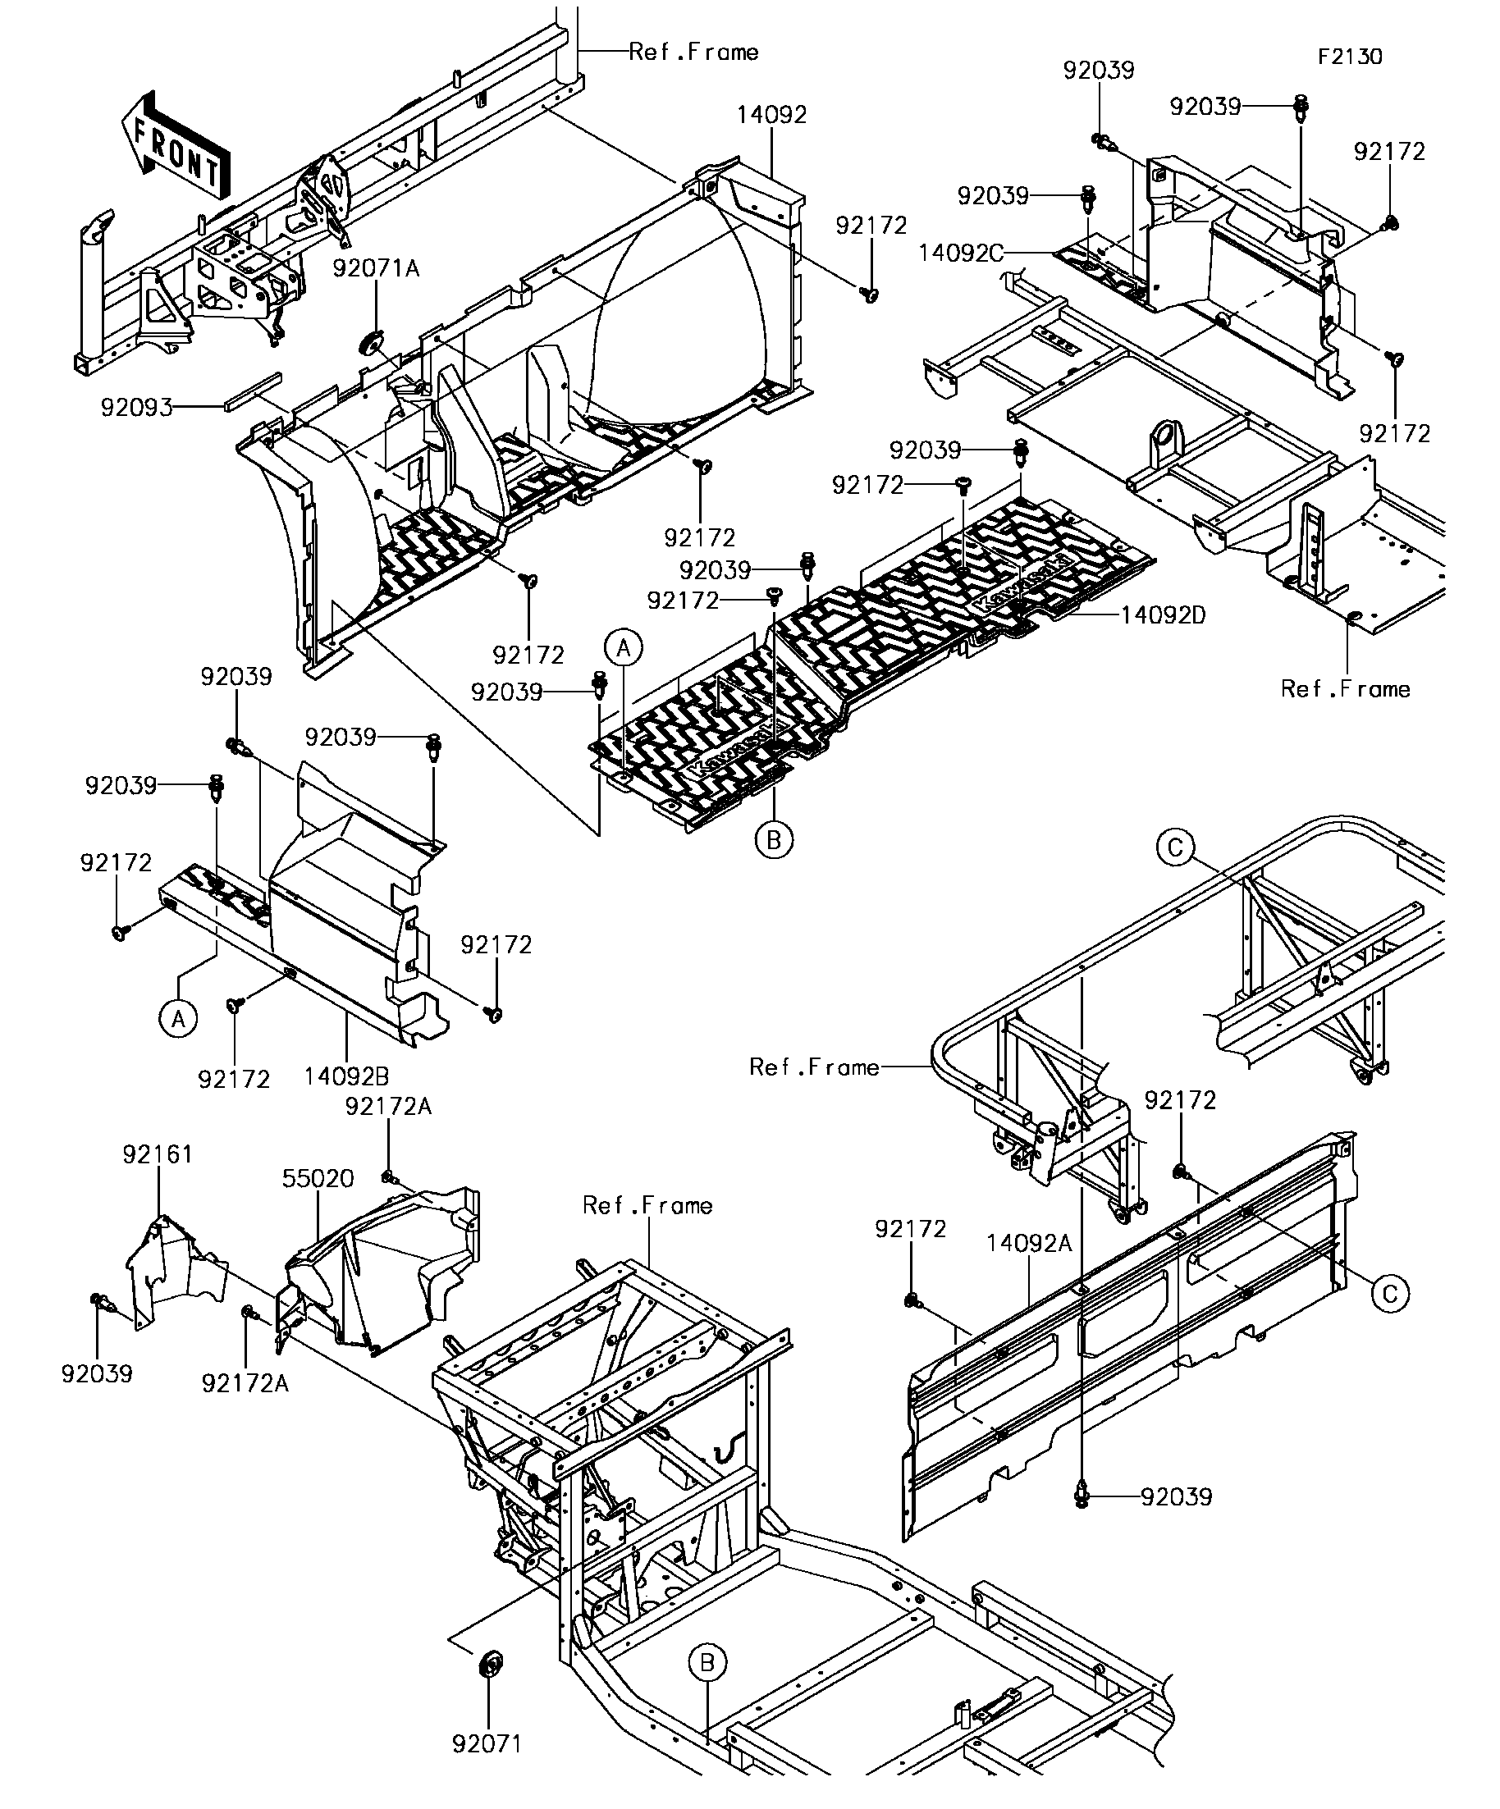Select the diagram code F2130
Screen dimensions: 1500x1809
[1349, 57]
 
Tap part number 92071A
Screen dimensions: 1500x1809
[376, 269]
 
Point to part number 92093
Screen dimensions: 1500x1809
[137, 408]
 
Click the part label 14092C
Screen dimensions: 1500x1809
[961, 254]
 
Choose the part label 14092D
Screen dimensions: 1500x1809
[1163, 615]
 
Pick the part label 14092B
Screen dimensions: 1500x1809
[346, 1076]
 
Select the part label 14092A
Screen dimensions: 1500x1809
[1030, 1243]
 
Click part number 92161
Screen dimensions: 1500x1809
[158, 1154]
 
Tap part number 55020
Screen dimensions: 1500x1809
[318, 1178]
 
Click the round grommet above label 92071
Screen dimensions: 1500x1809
[490, 1664]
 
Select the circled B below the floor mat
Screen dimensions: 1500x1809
[774, 839]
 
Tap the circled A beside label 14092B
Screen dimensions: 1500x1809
[178, 1019]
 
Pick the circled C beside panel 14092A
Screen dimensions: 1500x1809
[1391, 1294]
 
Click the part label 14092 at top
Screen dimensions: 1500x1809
[772, 116]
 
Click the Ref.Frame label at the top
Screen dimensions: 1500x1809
[693, 53]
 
